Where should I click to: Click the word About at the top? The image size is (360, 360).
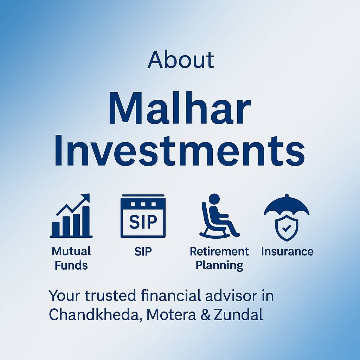coord(181,60)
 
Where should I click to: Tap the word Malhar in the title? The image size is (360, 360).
coord(180,108)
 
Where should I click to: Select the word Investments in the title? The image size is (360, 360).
coord(180,150)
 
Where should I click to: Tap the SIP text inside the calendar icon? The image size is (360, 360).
coord(143,222)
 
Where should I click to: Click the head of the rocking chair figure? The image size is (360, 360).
coord(214,199)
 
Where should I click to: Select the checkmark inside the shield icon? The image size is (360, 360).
coord(287,228)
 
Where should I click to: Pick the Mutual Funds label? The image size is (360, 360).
coord(71,258)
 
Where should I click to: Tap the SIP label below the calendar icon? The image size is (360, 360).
coord(143,251)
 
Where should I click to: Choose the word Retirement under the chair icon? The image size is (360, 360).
coord(219,251)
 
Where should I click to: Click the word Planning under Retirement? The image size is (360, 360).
coord(219,266)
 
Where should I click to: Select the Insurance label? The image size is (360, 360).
coord(287,251)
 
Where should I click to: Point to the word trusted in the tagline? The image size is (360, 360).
coord(110,296)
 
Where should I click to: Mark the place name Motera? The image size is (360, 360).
coord(171,315)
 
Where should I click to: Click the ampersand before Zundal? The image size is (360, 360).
coord(205,315)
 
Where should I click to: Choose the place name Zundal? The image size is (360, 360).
coord(238,315)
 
